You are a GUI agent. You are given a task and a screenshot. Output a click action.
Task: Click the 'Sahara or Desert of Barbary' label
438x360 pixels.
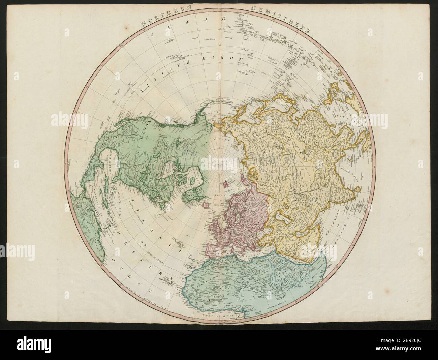click(x=219, y=273)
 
